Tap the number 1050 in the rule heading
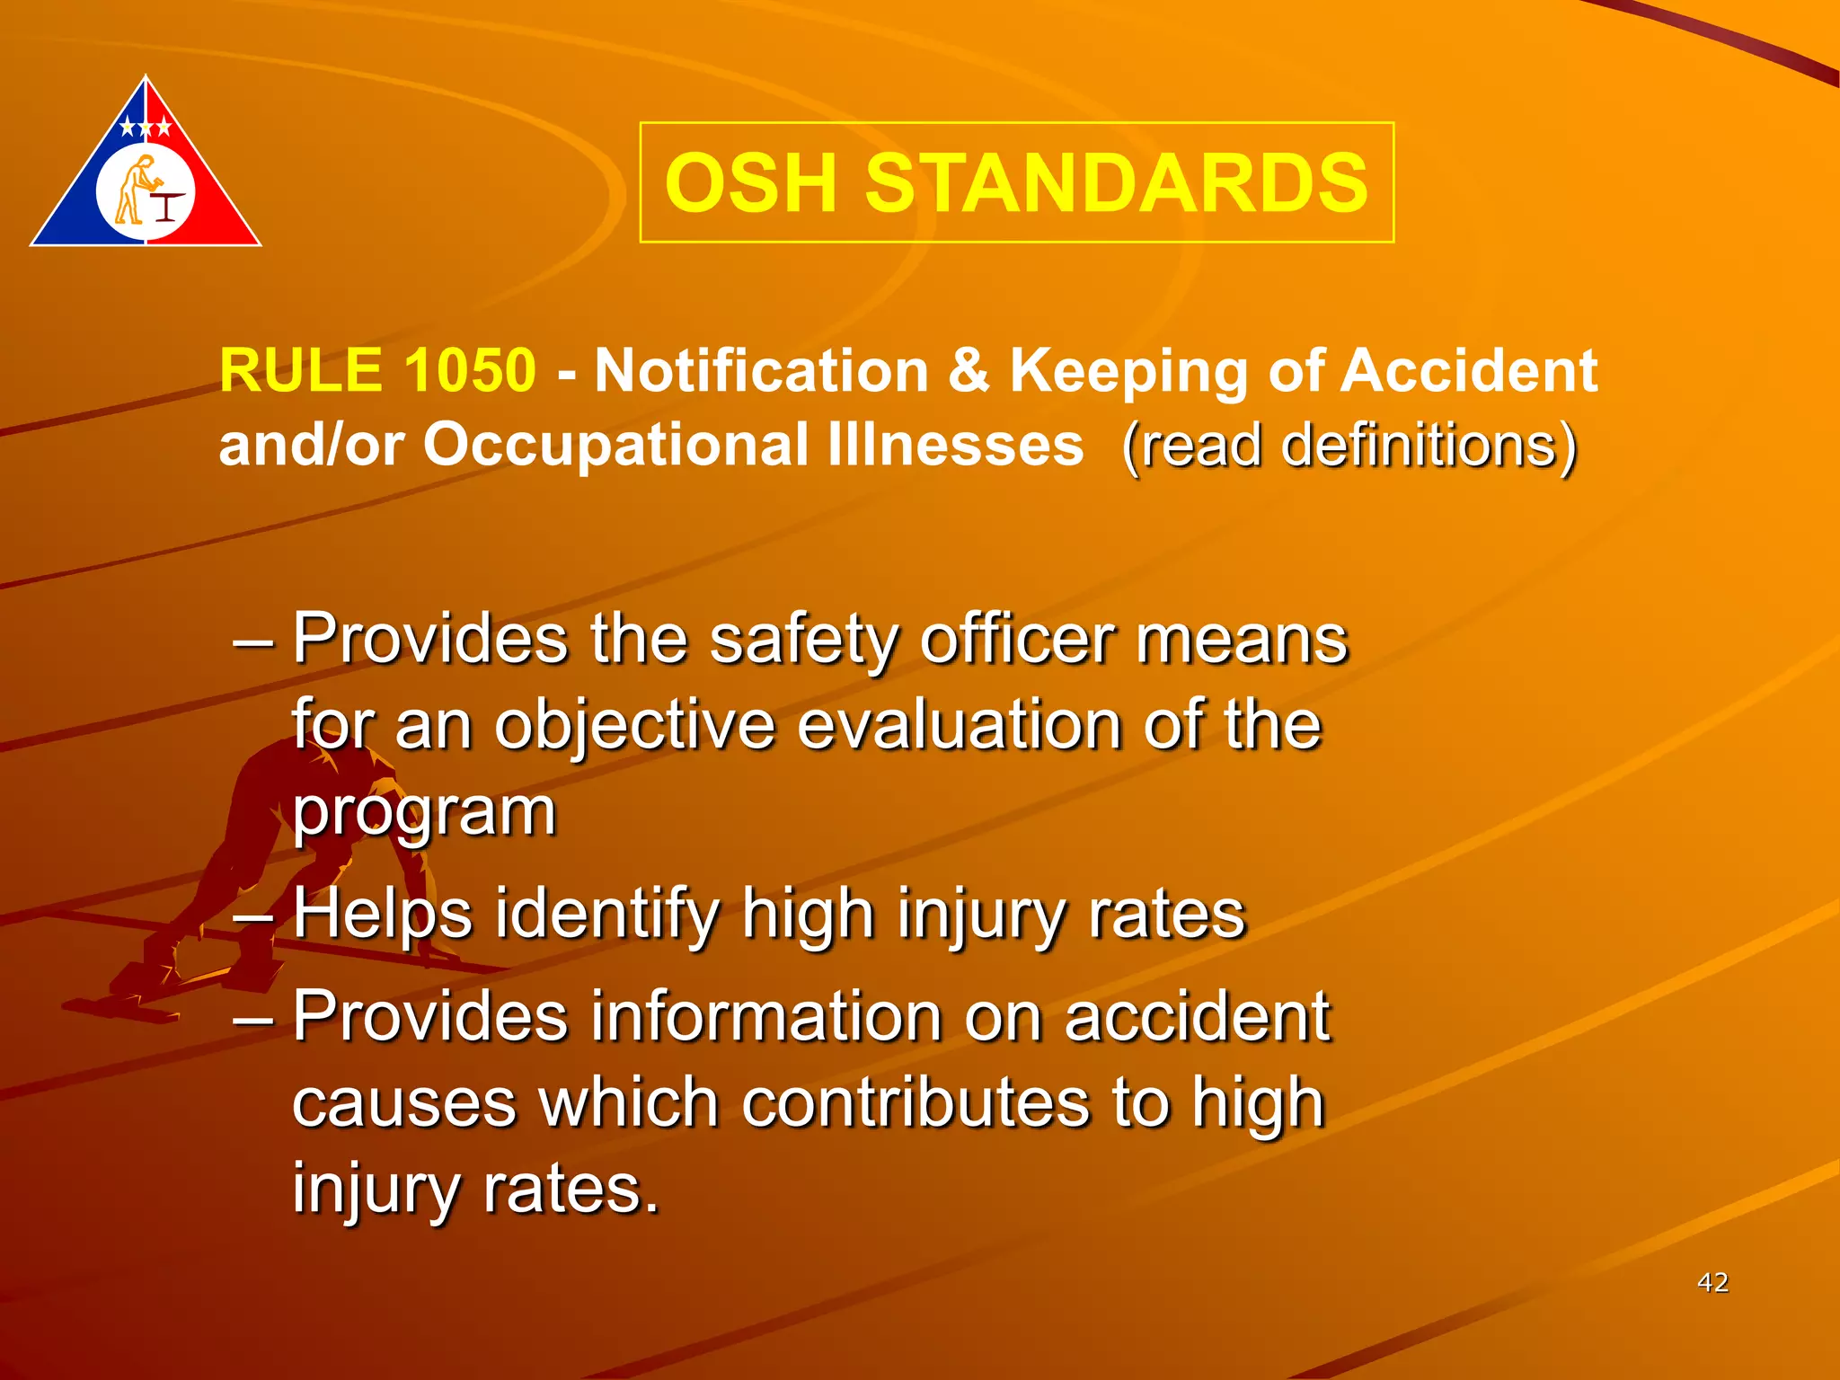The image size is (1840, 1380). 469,370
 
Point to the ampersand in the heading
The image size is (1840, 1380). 969,370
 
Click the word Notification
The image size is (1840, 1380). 761,370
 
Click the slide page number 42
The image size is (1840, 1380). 1712,1282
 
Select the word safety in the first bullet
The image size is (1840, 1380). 803,640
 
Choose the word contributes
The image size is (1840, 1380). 909,1102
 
